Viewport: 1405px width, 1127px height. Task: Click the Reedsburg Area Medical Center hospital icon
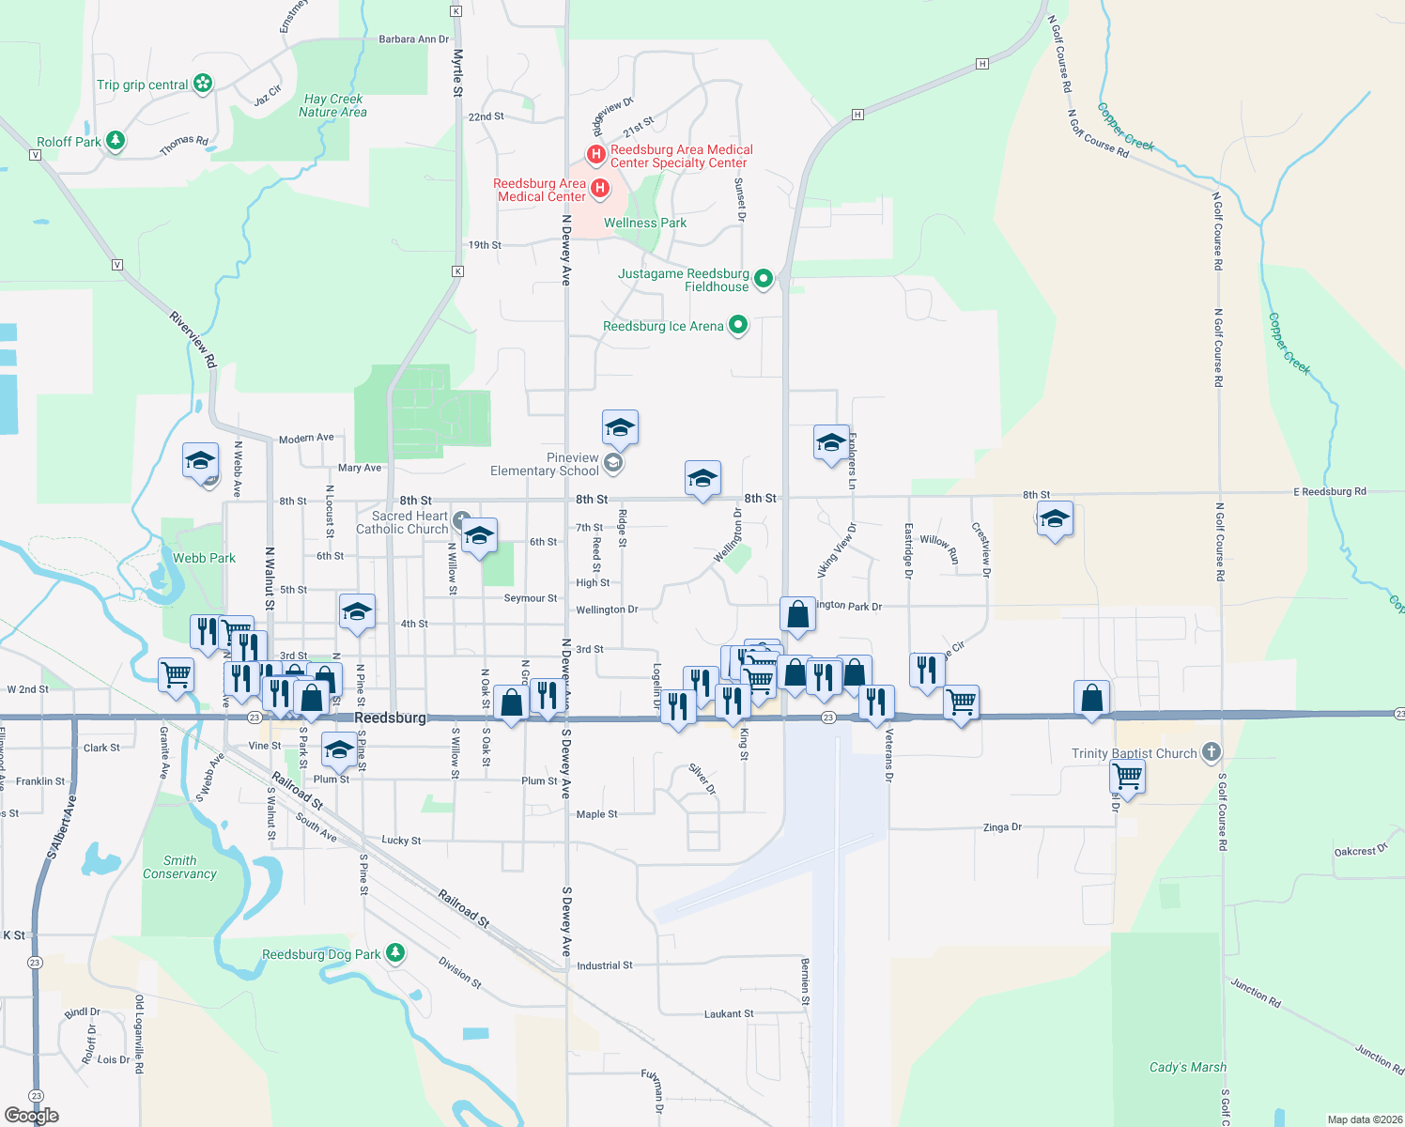[x=599, y=188]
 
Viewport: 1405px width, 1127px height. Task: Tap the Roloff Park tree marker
[x=116, y=141]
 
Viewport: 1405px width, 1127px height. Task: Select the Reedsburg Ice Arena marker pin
[x=738, y=325]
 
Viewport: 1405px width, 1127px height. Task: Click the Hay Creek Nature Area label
[x=333, y=105]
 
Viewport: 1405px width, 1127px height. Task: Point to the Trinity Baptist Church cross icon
[x=1212, y=751]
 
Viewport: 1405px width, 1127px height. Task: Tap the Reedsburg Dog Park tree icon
[x=395, y=953]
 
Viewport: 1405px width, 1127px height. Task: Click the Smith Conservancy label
[x=179, y=867]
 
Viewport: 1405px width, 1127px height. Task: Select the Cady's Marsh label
[x=1187, y=1067]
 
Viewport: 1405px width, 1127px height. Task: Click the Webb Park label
[x=204, y=558]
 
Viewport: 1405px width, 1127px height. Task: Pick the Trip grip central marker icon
[x=202, y=84]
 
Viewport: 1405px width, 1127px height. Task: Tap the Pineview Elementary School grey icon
[x=613, y=462]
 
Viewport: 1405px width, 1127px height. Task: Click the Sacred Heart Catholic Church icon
[x=461, y=520]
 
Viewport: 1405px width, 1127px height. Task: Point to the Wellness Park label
[x=644, y=223]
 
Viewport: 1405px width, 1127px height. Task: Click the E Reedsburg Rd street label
[x=1329, y=491]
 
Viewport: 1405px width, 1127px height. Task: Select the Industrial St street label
[x=604, y=965]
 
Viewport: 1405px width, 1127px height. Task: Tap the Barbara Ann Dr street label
[x=413, y=39]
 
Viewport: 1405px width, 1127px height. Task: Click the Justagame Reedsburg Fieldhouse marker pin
[x=764, y=278]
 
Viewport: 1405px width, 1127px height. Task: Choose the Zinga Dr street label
[x=1001, y=827]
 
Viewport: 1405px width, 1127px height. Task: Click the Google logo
[x=32, y=1115]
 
